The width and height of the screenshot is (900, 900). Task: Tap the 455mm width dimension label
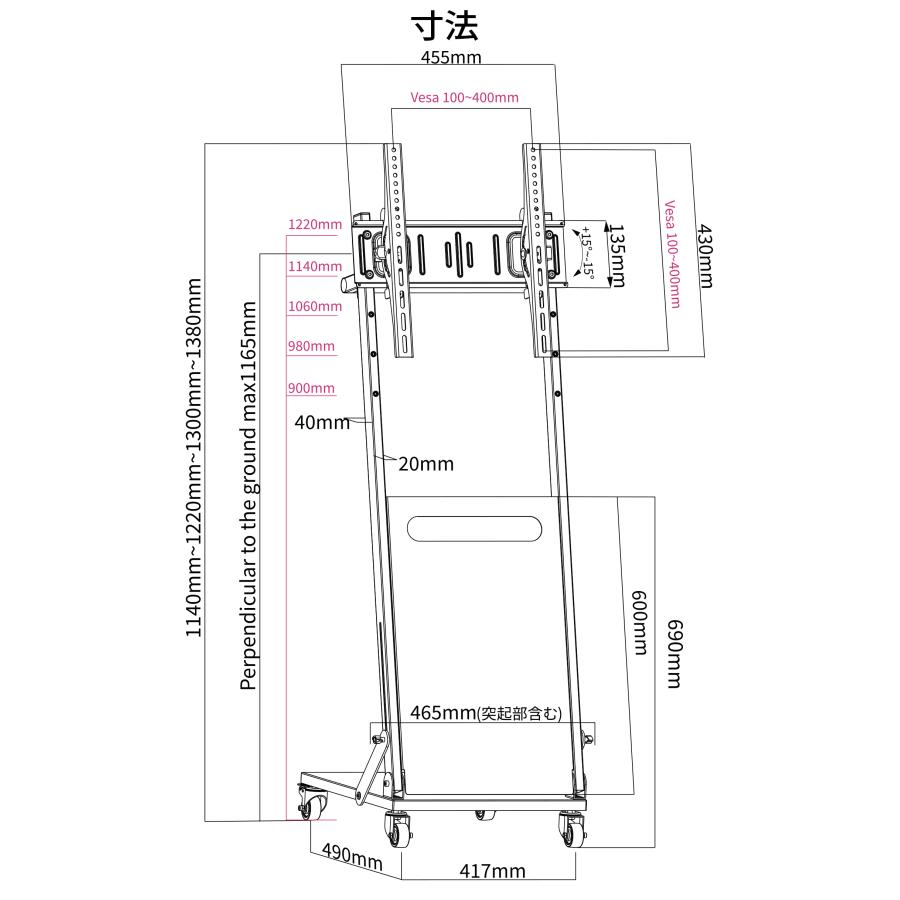(x=450, y=57)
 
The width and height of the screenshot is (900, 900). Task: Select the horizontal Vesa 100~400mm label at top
(x=464, y=97)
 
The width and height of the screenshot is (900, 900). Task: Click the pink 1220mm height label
(x=314, y=224)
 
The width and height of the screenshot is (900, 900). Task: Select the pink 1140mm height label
(x=314, y=266)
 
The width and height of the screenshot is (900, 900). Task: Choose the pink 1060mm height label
(x=314, y=306)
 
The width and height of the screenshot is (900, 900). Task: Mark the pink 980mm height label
(x=311, y=346)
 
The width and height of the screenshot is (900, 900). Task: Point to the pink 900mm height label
(x=311, y=388)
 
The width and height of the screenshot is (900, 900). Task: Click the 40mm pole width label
(x=321, y=422)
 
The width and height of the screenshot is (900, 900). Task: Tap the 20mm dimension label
(x=426, y=464)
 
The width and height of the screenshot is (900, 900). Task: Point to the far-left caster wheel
(x=313, y=802)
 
